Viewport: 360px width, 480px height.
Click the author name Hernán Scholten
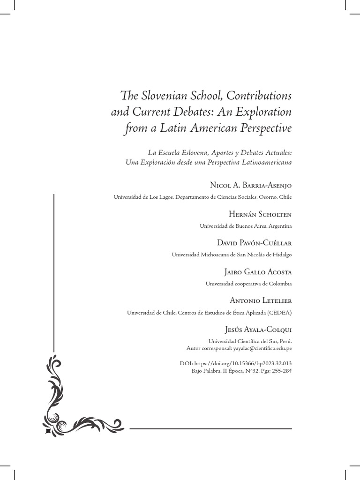click(260, 215)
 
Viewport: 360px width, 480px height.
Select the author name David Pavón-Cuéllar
click(255, 243)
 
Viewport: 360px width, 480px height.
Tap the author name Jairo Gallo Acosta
click(256, 272)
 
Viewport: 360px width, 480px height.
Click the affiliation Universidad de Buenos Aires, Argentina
click(246, 226)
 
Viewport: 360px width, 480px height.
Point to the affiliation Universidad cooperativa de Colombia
click(248, 284)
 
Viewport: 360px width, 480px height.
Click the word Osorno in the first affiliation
click(267, 197)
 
